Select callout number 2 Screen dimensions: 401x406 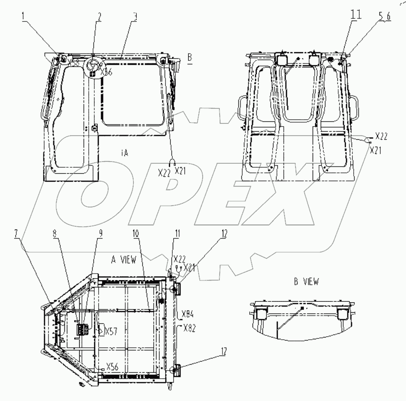(x=99, y=18)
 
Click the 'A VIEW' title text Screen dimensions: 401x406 (x=123, y=259)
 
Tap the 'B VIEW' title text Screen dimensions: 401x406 (x=306, y=282)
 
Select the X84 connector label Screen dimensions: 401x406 (x=188, y=314)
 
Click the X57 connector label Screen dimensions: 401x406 (x=111, y=331)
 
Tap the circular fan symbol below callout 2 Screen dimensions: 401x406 (x=94, y=66)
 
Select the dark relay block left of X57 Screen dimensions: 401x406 (x=82, y=329)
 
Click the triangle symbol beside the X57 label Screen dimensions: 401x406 (x=101, y=330)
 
